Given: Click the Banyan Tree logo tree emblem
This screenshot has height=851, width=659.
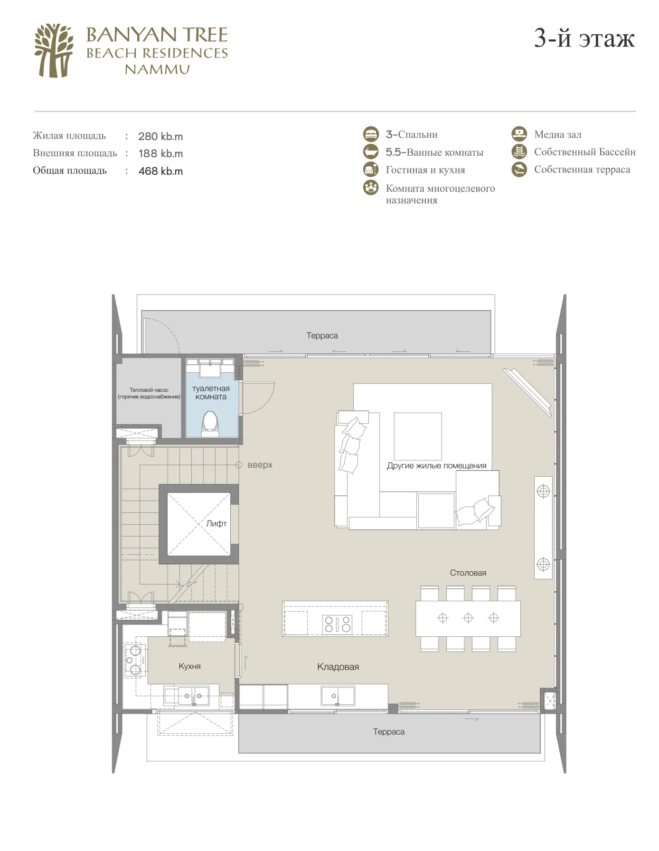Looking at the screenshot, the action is pyautogui.click(x=54, y=50).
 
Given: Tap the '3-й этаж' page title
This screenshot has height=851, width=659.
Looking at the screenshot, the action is pyautogui.click(x=584, y=38).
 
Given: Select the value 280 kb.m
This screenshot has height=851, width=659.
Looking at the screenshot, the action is pyautogui.click(x=160, y=136).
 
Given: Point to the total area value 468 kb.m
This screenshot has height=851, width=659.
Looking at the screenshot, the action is pyautogui.click(x=160, y=171).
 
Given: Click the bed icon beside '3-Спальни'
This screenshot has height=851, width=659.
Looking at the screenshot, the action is pyautogui.click(x=371, y=134).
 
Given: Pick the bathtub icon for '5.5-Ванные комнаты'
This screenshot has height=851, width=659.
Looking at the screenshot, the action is pyautogui.click(x=371, y=151).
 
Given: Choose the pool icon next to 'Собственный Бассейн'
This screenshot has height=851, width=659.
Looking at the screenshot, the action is pyautogui.click(x=519, y=151).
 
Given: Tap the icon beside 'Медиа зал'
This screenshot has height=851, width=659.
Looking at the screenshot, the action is pyautogui.click(x=519, y=134).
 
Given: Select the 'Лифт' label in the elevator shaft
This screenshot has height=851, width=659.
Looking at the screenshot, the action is pyautogui.click(x=217, y=523).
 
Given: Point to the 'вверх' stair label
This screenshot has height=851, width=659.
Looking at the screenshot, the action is pyautogui.click(x=260, y=465).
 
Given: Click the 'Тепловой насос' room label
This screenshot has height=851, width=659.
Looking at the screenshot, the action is pyautogui.click(x=149, y=390).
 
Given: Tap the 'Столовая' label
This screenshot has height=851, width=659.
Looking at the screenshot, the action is pyautogui.click(x=468, y=573).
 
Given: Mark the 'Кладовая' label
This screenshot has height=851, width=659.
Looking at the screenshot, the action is pyautogui.click(x=338, y=667).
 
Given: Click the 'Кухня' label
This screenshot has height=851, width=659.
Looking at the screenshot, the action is pyautogui.click(x=189, y=666).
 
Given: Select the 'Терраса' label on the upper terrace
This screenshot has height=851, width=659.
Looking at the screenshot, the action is pyautogui.click(x=322, y=335).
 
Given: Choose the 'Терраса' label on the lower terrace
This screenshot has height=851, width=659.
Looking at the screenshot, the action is pyautogui.click(x=389, y=732).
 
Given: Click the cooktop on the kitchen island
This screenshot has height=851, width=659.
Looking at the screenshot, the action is pyautogui.click(x=338, y=624).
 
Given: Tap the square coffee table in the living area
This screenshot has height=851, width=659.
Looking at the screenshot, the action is pyautogui.click(x=418, y=436).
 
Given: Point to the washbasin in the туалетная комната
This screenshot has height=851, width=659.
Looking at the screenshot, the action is pyautogui.click(x=210, y=369).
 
